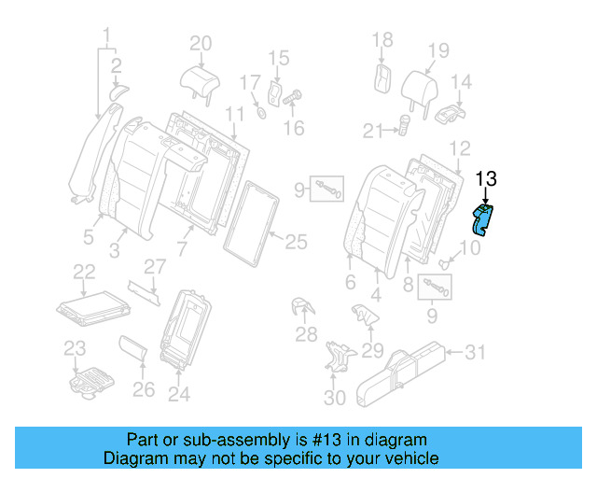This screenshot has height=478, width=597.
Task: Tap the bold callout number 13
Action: coord(488,180)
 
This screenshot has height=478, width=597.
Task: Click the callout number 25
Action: coord(295,243)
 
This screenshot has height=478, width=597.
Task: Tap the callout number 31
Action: coord(476,352)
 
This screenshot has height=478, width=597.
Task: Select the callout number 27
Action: coord(155,265)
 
